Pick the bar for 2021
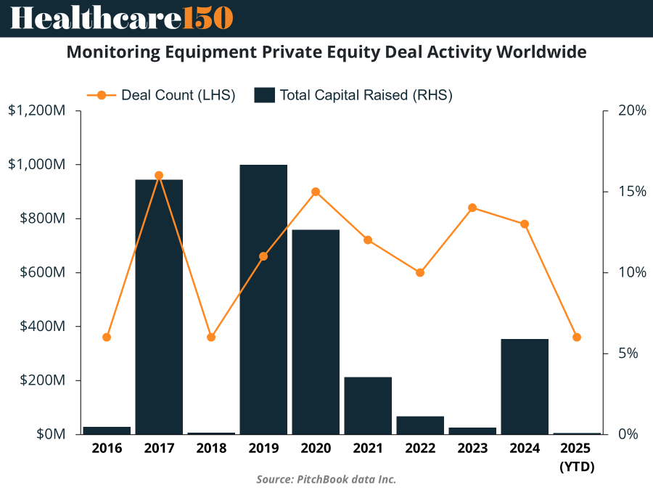click(x=368, y=405)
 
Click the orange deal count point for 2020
click(x=316, y=192)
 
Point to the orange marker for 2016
click(x=107, y=337)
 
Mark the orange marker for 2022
click(x=420, y=272)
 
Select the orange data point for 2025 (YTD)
click(x=577, y=337)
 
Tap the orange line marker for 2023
click(x=472, y=208)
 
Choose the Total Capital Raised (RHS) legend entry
click(x=353, y=95)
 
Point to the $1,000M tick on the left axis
click(x=39, y=165)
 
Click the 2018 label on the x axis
click(x=211, y=448)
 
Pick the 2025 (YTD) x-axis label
click(x=577, y=457)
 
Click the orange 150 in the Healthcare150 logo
click(x=208, y=18)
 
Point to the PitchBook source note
click(x=326, y=479)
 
